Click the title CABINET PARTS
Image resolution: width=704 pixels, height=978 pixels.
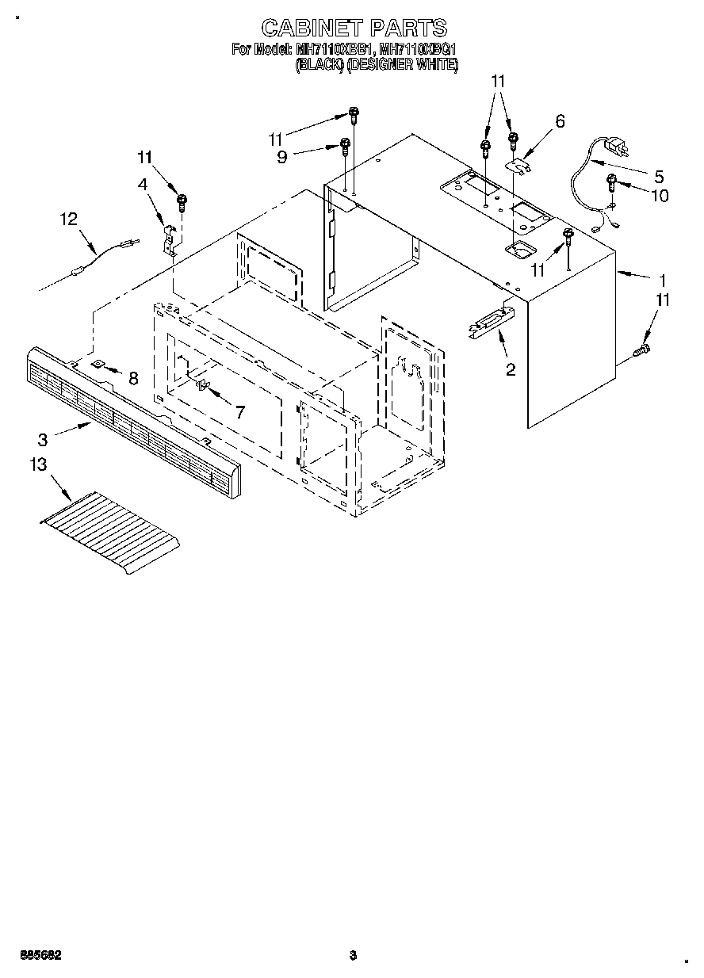pos(354,29)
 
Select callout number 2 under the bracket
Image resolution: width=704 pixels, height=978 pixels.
pos(511,369)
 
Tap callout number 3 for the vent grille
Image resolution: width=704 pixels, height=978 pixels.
pos(43,438)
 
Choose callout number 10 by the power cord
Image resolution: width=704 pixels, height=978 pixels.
pos(659,196)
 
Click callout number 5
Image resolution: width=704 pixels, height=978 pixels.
pos(658,176)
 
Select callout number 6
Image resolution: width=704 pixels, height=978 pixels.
pos(560,121)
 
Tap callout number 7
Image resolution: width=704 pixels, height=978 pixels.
pos(239,411)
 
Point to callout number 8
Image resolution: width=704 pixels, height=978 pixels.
pos(133,378)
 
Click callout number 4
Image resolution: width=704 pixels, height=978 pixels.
pos(143,185)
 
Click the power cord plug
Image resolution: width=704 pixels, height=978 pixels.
pos(619,148)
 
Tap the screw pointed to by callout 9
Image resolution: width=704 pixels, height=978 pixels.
pos(345,145)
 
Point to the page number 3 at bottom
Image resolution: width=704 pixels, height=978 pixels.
pos(353,956)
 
